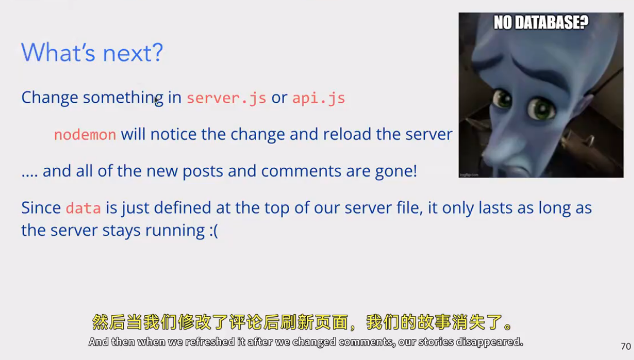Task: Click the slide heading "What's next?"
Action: (92, 52)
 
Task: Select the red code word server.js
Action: (226, 98)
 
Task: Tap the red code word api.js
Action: (318, 98)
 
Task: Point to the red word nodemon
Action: (85, 135)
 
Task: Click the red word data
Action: (83, 208)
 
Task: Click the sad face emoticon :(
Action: (214, 231)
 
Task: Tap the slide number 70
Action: (626, 346)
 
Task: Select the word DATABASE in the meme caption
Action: (552, 22)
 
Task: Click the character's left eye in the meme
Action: (540, 109)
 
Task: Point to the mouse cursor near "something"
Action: (157, 101)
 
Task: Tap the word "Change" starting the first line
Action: (50, 98)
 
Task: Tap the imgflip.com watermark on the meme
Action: (469, 174)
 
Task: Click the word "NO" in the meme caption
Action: (503, 22)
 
